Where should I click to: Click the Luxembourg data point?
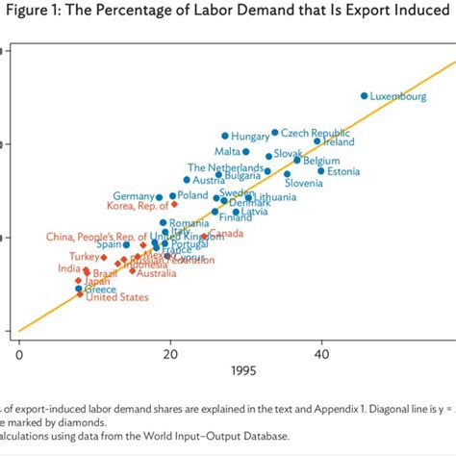[x=364, y=95]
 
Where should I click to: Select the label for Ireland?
[x=338, y=142]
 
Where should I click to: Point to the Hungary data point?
[x=225, y=136]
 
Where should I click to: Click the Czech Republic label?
[x=316, y=133]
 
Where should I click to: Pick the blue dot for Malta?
[x=245, y=151]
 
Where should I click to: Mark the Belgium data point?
[x=296, y=161]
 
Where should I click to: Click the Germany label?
[x=133, y=196]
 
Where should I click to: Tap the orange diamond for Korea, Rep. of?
[x=174, y=204]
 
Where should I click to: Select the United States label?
[x=117, y=297]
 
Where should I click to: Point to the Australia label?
[x=156, y=273]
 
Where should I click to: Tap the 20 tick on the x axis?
[x=170, y=353]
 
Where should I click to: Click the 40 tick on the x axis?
[x=321, y=353]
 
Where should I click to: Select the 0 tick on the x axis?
[x=19, y=353]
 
